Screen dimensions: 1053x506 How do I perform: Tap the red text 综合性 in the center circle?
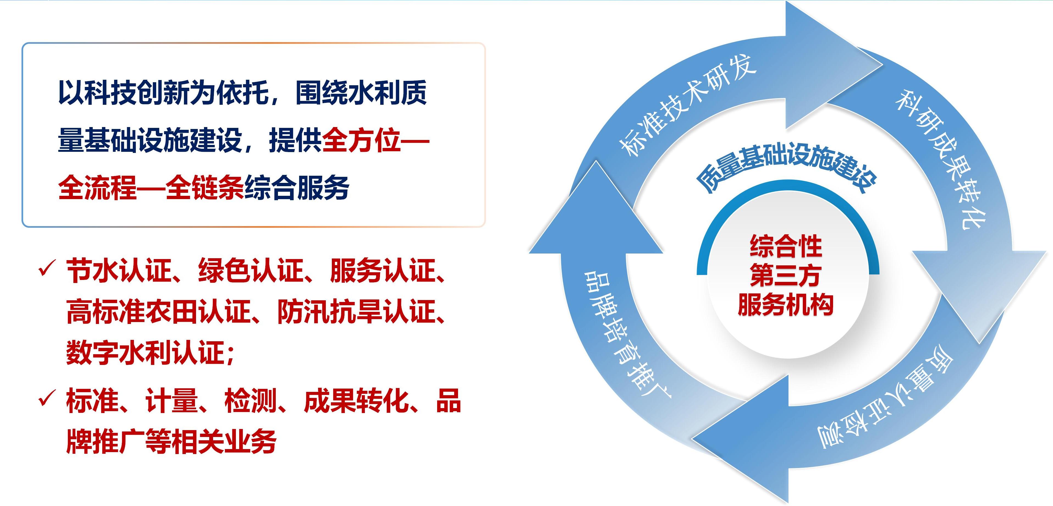coord(786,246)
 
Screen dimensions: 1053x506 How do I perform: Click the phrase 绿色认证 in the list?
coord(250,270)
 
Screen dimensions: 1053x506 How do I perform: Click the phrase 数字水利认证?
coord(145,352)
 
